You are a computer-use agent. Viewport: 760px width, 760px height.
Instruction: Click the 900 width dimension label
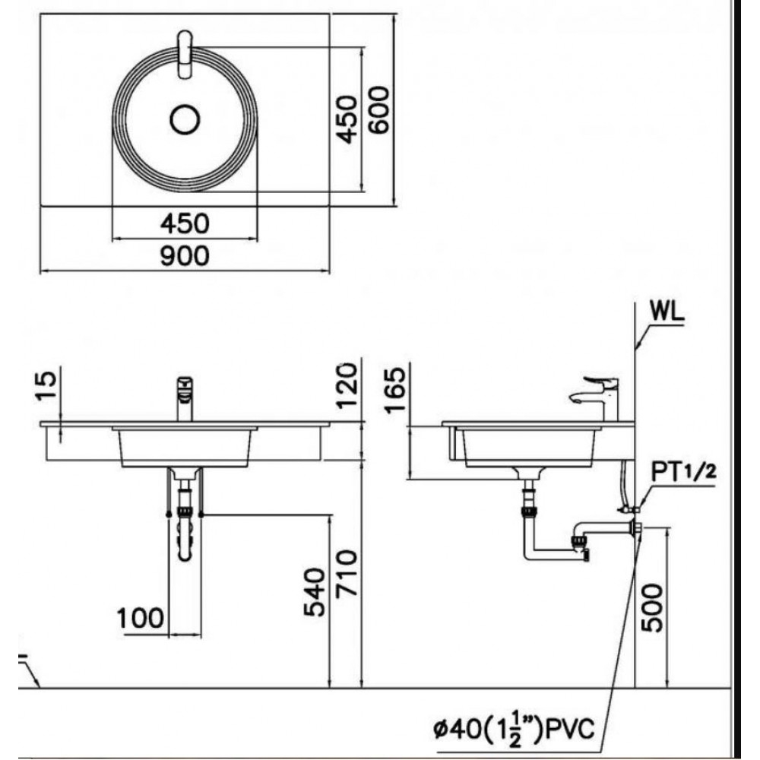tap(185, 255)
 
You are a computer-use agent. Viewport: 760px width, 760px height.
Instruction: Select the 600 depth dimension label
tap(378, 109)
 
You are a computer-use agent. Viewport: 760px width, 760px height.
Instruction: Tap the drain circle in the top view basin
tap(185, 120)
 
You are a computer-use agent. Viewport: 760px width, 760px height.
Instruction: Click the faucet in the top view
tap(185, 54)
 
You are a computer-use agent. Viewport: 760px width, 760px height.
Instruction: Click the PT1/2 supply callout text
tap(683, 472)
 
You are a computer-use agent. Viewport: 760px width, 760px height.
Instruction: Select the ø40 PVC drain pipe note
tap(514, 730)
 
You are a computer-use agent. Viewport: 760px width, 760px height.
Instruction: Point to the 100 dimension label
tap(141, 618)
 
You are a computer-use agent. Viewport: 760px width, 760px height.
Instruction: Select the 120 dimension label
tap(347, 386)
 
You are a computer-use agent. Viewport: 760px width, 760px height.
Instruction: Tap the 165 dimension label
tap(394, 390)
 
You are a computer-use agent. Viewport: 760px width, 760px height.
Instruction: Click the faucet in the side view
tap(595, 398)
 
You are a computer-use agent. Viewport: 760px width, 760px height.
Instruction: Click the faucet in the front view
tap(185, 398)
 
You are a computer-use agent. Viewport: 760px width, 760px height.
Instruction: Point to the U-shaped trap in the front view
tap(185, 534)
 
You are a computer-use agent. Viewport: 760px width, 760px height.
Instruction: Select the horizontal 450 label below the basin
tap(185, 223)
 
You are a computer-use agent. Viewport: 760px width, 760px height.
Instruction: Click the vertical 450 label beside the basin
tap(347, 119)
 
